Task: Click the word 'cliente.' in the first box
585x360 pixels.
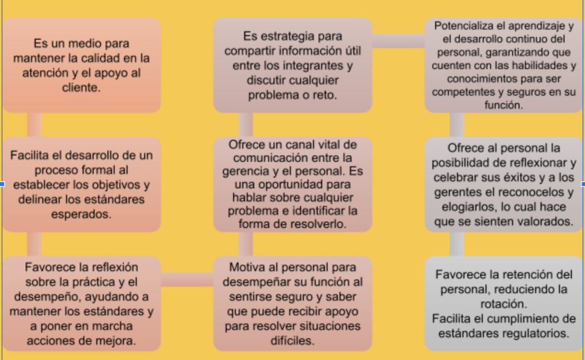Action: [81, 87]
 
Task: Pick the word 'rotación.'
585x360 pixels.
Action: [504, 303]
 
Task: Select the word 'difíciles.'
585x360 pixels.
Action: [292, 340]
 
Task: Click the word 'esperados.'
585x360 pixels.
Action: [81, 214]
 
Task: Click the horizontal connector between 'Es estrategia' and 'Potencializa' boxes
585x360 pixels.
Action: [398, 41]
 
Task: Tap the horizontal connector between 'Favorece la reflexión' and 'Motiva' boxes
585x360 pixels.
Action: [187, 280]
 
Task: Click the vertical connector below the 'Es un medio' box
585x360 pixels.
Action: [34, 125]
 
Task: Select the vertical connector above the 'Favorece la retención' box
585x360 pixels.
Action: [456, 244]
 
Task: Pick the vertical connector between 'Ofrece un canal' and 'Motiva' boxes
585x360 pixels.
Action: [246, 244]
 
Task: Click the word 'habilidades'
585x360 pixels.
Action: [536, 65]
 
